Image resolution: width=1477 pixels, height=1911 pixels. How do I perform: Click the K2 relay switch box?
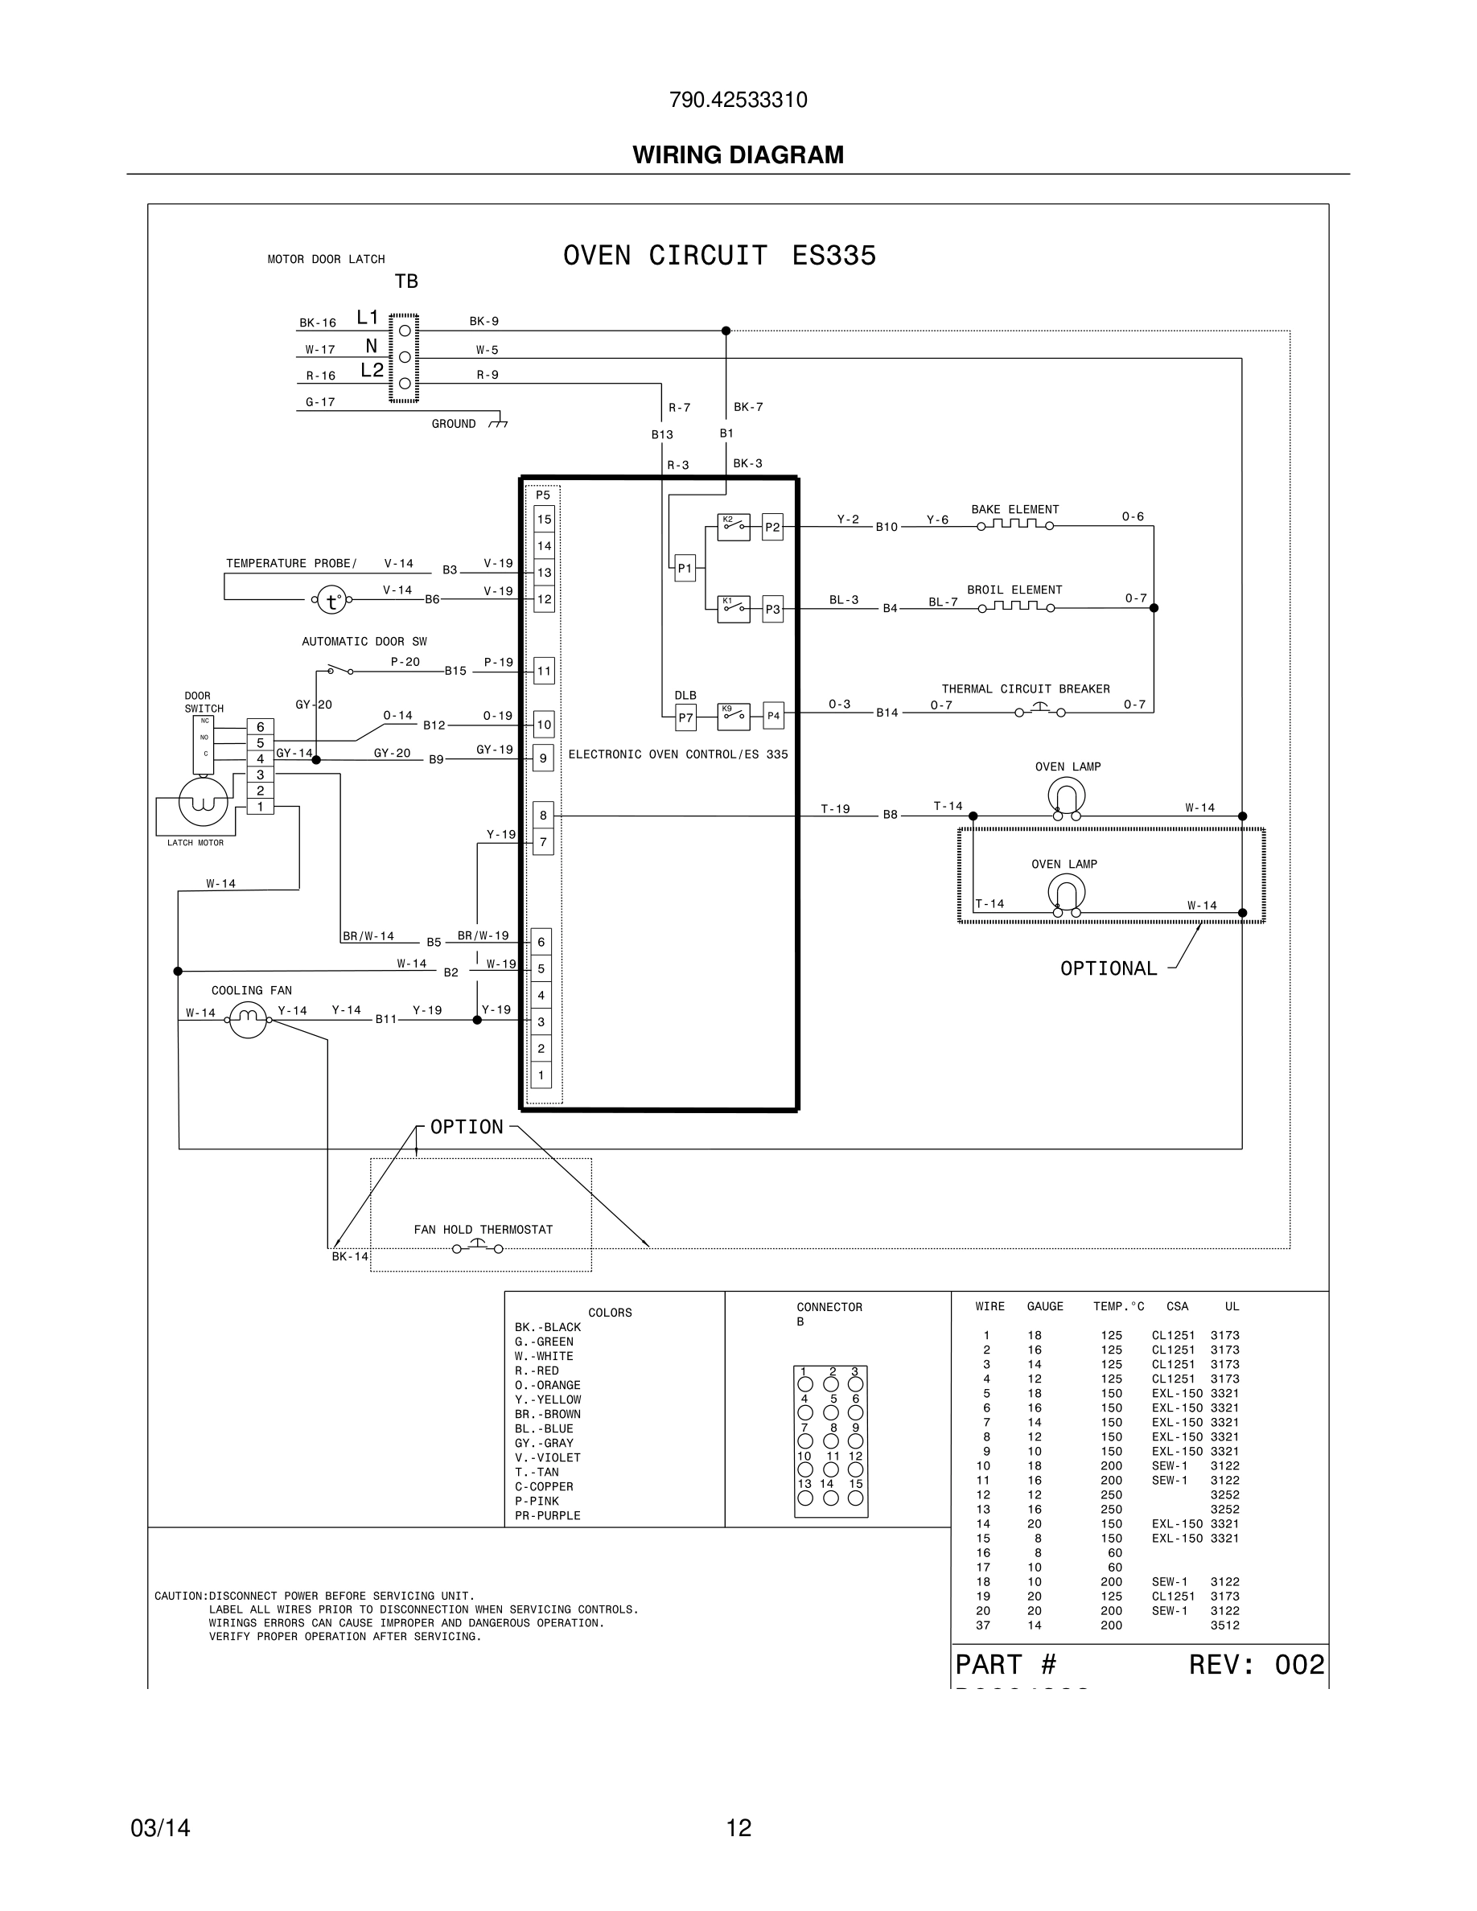[x=733, y=527]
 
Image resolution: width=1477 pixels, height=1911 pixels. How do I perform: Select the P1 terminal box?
[x=685, y=569]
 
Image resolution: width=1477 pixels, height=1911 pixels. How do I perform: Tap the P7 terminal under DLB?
[x=685, y=717]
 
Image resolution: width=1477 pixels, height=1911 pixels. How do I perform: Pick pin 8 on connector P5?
[x=543, y=816]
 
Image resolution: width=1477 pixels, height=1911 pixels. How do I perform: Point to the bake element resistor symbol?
[x=1015, y=525]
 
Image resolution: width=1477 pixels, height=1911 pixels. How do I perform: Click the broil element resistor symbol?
[x=1015, y=606]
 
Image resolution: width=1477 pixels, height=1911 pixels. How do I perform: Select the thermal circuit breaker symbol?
[x=1039, y=709]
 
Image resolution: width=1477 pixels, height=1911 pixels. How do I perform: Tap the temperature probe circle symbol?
[x=331, y=600]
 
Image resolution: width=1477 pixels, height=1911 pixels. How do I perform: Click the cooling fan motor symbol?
[x=248, y=1018]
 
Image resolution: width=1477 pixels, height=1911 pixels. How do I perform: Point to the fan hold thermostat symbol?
[x=478, y=1246]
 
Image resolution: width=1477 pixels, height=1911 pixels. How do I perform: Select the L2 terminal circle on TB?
[x=405, y=384]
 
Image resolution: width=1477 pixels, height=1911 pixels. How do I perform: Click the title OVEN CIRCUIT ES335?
[x=719, y=256]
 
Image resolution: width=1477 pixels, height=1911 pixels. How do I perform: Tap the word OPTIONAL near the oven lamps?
[x=1108, y=968]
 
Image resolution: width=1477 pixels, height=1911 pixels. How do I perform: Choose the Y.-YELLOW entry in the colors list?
[x=548, y=1399]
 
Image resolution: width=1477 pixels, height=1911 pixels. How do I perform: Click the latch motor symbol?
[x=203, y=802]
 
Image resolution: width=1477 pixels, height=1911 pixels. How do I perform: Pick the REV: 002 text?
[x=1256, y=1664]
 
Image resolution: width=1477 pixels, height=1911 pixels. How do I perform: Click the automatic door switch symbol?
[x=339, y=670]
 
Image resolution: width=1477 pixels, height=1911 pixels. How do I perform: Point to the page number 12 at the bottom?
[x=738, y=1828]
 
